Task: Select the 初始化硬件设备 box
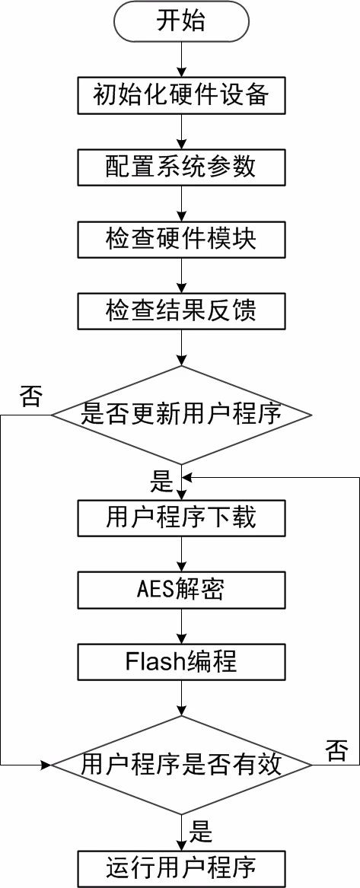181,95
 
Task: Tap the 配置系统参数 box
181,167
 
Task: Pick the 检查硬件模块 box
181,238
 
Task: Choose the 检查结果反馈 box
181,310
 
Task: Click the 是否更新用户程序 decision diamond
181,415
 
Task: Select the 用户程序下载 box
181,517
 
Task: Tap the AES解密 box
181,590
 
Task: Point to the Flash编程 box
181,661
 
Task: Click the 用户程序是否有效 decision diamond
181,765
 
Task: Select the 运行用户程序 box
181,867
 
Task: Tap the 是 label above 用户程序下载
161,482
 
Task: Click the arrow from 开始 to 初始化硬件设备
181,59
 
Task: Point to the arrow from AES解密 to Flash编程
181,625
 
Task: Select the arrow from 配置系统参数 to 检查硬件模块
181,202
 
